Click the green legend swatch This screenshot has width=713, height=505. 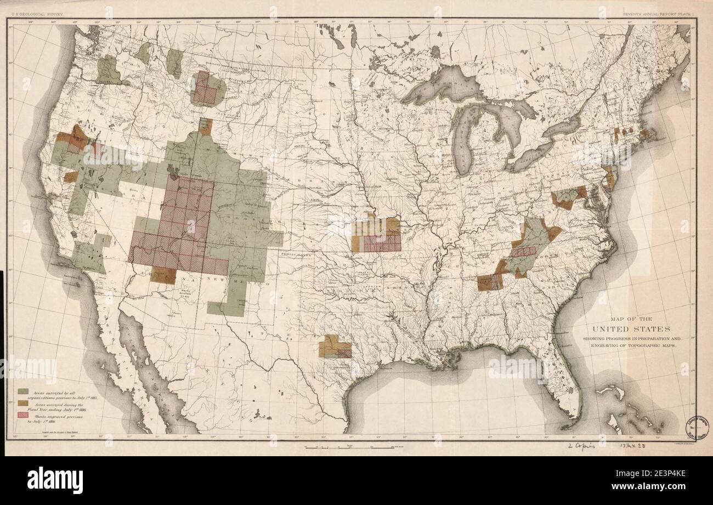point(22,391)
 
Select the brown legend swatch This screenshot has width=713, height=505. point(22,403)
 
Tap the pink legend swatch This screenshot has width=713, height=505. point(22,415)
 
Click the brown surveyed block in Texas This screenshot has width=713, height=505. point(334,347)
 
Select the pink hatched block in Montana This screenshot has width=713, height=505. point(205,88)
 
